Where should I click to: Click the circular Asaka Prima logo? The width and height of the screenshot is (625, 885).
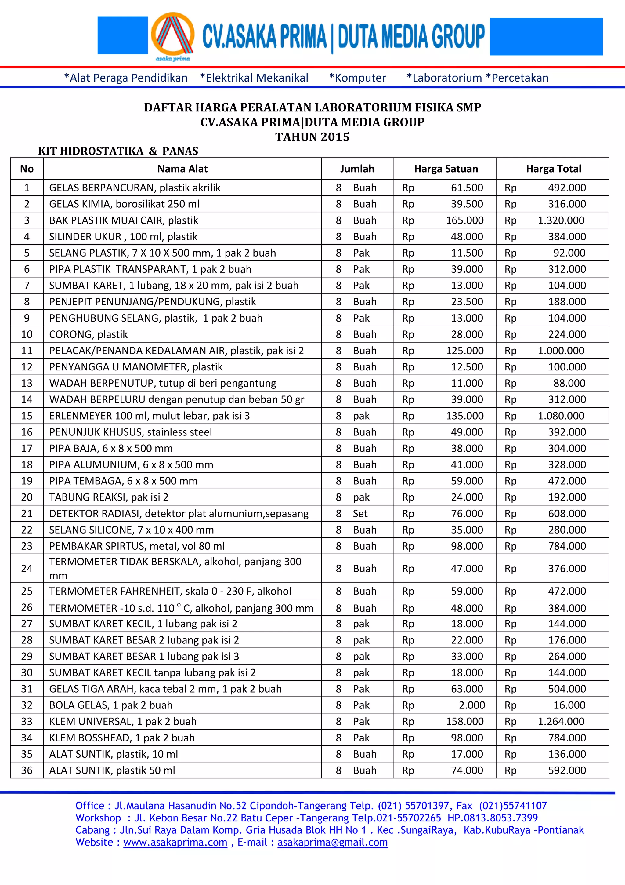(172, 35)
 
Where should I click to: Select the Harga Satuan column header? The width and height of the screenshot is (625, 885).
(446, 169)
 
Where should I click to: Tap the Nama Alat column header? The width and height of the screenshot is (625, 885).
(182, 169)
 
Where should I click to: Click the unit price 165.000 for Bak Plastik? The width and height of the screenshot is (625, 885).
(464, 220)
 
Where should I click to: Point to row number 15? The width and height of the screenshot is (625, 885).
(27, 416)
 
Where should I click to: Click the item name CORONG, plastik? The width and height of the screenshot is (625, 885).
(88, 335)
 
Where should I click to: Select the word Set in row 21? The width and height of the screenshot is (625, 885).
(360, 514)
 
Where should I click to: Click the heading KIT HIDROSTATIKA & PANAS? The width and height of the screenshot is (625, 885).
(118, 151)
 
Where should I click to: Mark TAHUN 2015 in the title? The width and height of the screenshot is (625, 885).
(312, 137)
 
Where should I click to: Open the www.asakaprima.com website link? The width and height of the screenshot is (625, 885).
(175, 843)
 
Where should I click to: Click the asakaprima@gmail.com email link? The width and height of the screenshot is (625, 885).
(332, 843)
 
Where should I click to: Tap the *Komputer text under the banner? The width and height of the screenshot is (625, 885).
(357, 78)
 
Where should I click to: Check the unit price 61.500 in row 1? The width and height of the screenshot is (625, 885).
(467, 188)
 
